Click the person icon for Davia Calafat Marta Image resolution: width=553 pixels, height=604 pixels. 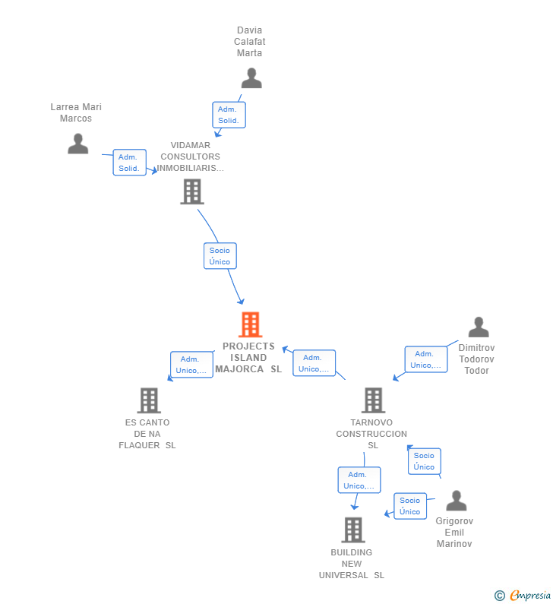251,78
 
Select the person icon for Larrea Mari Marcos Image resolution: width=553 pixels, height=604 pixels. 77,144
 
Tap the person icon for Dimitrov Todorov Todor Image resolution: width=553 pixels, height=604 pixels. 478,327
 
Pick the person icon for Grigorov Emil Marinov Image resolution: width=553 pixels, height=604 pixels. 456,501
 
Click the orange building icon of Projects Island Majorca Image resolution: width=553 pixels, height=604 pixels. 250,324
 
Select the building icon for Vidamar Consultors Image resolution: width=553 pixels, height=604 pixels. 191,191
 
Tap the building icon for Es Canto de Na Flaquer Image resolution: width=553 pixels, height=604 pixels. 149,400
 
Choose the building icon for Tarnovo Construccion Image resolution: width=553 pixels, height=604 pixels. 372,400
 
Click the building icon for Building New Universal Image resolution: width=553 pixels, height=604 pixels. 352,530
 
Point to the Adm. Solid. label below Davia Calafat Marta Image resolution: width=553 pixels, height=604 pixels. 228,115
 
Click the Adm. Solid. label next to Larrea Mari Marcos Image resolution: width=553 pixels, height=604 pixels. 129,163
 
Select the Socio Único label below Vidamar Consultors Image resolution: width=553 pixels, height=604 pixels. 220,256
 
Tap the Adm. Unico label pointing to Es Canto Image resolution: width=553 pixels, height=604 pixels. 191,365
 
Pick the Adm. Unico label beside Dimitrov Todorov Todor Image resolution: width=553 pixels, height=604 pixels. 425,359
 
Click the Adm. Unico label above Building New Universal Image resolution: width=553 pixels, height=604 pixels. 359,480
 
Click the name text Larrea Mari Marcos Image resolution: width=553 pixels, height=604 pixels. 76,112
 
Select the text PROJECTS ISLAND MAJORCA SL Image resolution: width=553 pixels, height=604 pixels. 248,357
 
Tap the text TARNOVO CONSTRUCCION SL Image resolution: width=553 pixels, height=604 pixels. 372,434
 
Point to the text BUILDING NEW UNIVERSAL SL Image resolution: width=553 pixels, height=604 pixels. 352,564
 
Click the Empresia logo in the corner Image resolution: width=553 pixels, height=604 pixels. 529,595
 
